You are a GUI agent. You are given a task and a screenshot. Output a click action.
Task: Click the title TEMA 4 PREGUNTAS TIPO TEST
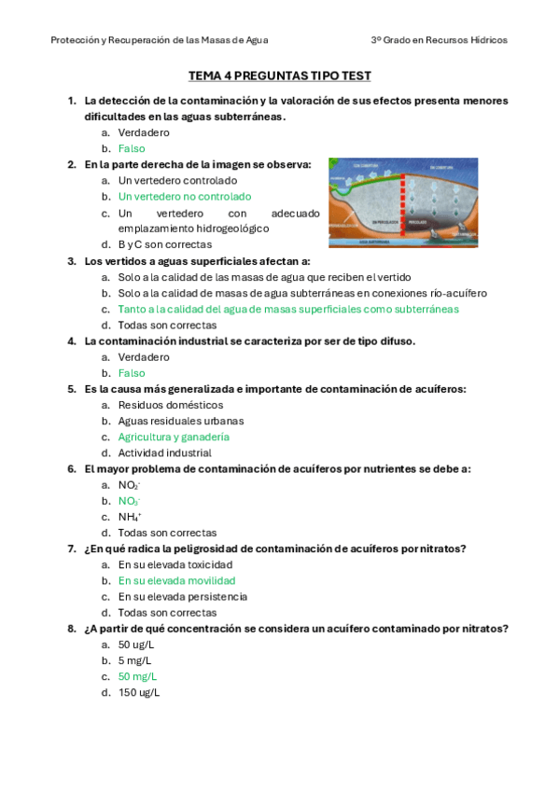279,76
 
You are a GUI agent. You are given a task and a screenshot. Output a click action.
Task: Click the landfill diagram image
402,202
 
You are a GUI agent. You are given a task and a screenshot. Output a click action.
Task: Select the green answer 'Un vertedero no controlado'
184,197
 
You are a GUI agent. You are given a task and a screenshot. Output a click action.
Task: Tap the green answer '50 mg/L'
137,676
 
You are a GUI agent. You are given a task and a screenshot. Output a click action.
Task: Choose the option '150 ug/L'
138,692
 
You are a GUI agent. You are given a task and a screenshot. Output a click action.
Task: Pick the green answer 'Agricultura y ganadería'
174,437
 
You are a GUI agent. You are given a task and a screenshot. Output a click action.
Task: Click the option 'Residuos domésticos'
170,405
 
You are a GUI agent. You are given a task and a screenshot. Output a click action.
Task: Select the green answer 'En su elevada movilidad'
176,580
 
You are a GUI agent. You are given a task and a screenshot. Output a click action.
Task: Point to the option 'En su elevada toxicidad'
175,564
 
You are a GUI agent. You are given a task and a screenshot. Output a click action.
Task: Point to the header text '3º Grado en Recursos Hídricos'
439,41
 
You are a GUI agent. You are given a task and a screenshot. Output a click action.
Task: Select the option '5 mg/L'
134,660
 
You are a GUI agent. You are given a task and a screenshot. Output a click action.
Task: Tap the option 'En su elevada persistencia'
182,596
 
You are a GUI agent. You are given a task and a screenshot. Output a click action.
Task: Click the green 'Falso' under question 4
132,373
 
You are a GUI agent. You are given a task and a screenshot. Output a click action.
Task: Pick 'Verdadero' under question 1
144,132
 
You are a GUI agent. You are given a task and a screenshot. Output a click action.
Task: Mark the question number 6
71,468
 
